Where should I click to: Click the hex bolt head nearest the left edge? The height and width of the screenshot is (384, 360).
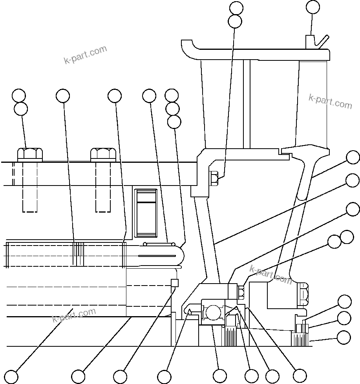click(30, 154)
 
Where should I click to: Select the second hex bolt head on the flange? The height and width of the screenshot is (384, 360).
click(103, 154)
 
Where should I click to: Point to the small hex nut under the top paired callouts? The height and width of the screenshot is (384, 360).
click(214, 178)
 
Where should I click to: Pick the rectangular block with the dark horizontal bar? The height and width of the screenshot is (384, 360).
click(146, 213)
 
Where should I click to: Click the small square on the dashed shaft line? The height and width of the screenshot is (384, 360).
click(175, 283)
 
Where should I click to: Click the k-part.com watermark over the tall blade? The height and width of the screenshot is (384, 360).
click(330, 101)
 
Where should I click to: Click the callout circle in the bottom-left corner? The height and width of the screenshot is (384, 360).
click(11, 377)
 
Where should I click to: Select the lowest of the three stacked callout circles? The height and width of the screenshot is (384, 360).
click(174, 122)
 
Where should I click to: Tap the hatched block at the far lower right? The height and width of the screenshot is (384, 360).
click(300, 339)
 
